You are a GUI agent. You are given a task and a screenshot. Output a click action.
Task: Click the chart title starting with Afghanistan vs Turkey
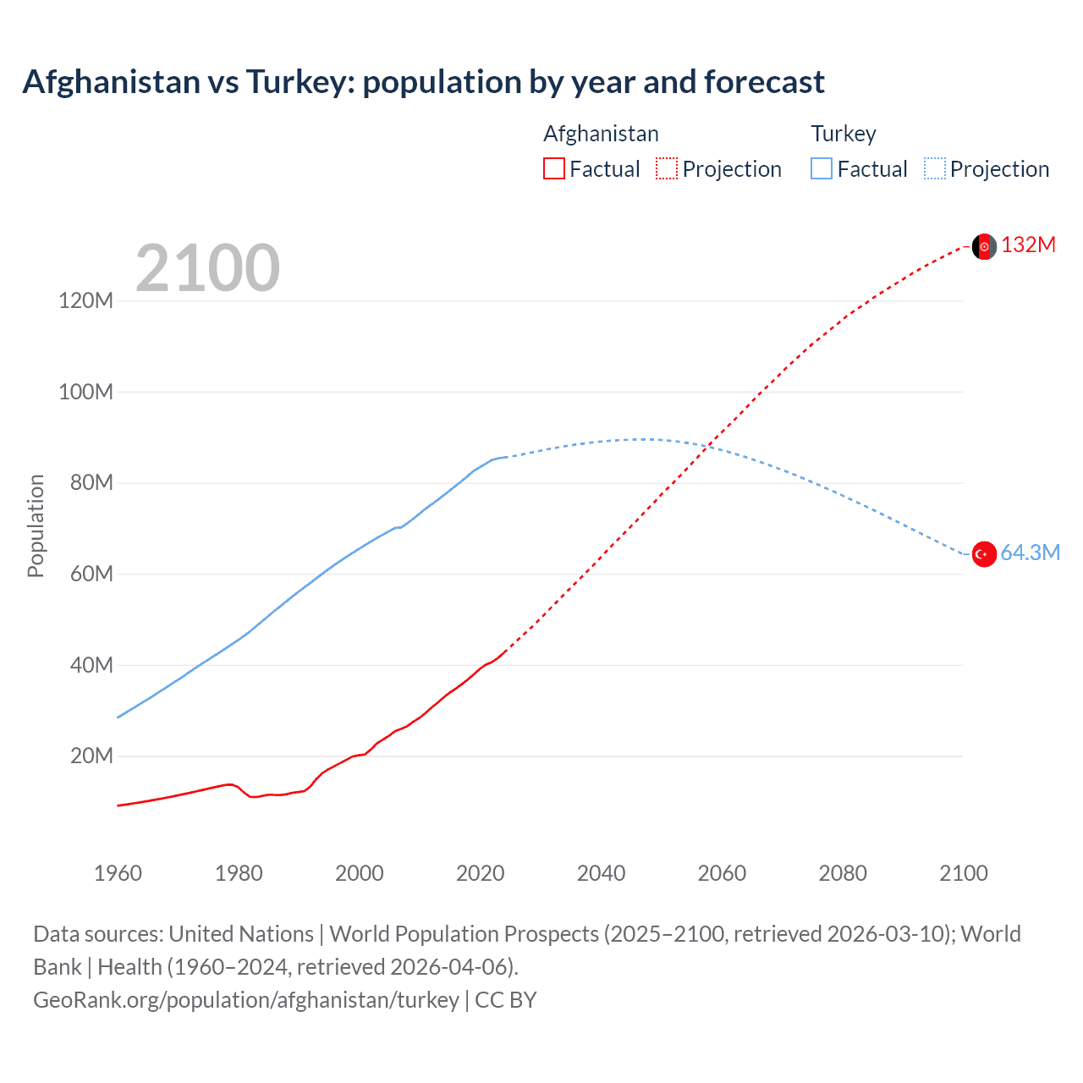pos(423,82)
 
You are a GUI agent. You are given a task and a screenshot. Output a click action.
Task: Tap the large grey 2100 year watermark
pos(207,268)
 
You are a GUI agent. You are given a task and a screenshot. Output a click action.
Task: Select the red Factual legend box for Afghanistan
pos(553,168)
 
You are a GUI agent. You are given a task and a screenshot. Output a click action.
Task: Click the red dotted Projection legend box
pos(667,168)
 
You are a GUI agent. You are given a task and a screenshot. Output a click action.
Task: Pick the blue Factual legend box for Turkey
pos(821,168)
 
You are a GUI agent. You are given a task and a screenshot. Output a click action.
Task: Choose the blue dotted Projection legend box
pos(935,168)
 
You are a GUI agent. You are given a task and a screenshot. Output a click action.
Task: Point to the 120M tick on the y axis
pos(85,300)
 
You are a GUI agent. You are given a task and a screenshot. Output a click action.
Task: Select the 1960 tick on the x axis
pos(118,873)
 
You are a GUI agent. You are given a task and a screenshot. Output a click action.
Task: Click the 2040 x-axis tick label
pos(601,873)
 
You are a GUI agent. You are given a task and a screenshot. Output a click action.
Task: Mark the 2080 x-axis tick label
pos(843,873)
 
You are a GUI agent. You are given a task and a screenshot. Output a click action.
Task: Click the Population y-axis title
pos(36,525)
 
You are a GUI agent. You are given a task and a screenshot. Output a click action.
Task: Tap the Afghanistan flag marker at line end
pos(983,246)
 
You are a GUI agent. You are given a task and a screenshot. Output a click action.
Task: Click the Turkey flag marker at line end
pos(983,554)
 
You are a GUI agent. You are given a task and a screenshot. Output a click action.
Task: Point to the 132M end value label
pos(1028,245)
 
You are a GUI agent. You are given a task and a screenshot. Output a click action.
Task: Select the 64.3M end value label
pos(1030,552)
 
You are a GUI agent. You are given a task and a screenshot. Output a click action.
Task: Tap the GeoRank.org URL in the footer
pos(245,999)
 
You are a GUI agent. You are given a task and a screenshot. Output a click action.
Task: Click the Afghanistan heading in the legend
pos(601,134)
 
